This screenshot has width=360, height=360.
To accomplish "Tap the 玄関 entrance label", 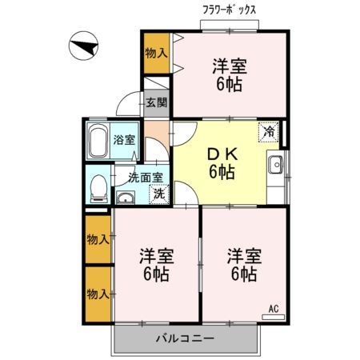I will tap(157, 102).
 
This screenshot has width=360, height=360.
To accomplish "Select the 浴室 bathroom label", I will tap(123, 140).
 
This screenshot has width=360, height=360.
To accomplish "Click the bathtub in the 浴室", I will tap(98, 141).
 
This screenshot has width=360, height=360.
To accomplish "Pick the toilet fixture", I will tap(98, 188).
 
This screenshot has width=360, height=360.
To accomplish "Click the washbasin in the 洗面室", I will tap(126, 197).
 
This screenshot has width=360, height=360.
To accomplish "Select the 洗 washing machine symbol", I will tap(159, 194).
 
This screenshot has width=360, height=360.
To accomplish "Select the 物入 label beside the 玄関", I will tap(156, 54).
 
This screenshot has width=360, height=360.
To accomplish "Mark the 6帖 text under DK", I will tap(222, 171).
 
